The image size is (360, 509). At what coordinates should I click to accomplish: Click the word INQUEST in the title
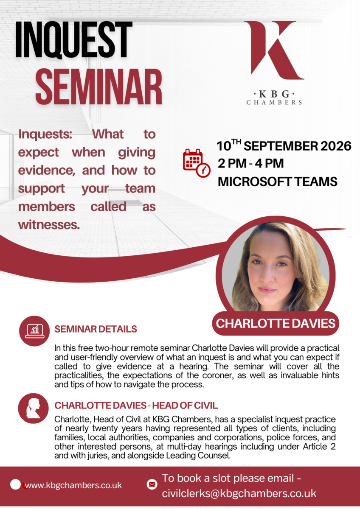click(x=74, y=40)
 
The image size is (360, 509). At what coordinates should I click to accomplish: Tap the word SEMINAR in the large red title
click(x=98, y=87)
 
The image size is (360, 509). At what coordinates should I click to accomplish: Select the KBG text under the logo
click(x=274, y=94)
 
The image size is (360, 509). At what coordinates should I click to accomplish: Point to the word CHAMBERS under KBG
click(x=274, y=103)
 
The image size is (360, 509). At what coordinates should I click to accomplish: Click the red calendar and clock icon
click(x=197, y=163)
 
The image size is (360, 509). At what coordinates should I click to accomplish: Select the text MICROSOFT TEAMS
click(x=278, y=182)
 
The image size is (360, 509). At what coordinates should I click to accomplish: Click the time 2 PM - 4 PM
click(x=250, y=163)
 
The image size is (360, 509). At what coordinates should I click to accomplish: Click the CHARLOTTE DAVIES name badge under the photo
click(x=276, y=323)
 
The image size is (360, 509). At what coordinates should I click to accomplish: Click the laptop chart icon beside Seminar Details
click(x=34, y=331)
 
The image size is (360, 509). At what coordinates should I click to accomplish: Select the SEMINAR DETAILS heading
click(x=96, y=329)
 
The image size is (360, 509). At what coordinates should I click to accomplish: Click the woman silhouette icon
click(x=34, y=408)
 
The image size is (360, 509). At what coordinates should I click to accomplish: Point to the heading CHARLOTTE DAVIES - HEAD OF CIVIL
click(x=136, y=406)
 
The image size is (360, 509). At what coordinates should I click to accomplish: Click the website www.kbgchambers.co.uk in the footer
click(x=73, y=486)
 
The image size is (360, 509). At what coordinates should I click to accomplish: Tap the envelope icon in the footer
click(x=152, y=484)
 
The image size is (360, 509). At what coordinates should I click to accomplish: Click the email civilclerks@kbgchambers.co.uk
click(x=239, y=494)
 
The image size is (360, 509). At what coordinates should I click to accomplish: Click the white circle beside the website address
click(x=15, y=484)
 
